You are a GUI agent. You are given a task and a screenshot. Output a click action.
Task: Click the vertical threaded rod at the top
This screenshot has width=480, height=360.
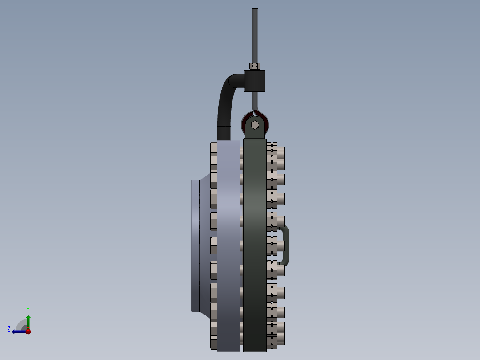(255, 36)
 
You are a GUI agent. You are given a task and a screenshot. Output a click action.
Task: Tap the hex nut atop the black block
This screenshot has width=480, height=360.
(255, 66)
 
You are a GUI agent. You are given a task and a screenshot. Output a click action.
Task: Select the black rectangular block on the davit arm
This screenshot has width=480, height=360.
(255, 81)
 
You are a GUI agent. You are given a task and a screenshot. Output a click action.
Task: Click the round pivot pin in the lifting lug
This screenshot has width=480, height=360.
(255, 125)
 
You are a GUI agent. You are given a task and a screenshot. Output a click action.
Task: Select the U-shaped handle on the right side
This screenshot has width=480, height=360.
(286, 245)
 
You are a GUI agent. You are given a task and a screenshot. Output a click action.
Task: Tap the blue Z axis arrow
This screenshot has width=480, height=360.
(18, 331)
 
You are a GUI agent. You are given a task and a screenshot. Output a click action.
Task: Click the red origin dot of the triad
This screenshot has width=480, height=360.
(28, 331)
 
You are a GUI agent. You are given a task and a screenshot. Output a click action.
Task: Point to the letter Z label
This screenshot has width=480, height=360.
(9, 329)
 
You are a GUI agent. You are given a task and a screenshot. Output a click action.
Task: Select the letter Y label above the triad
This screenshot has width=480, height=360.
(28, 309)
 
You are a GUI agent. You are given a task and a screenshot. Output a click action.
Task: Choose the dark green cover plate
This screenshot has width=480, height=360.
(255, 245)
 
